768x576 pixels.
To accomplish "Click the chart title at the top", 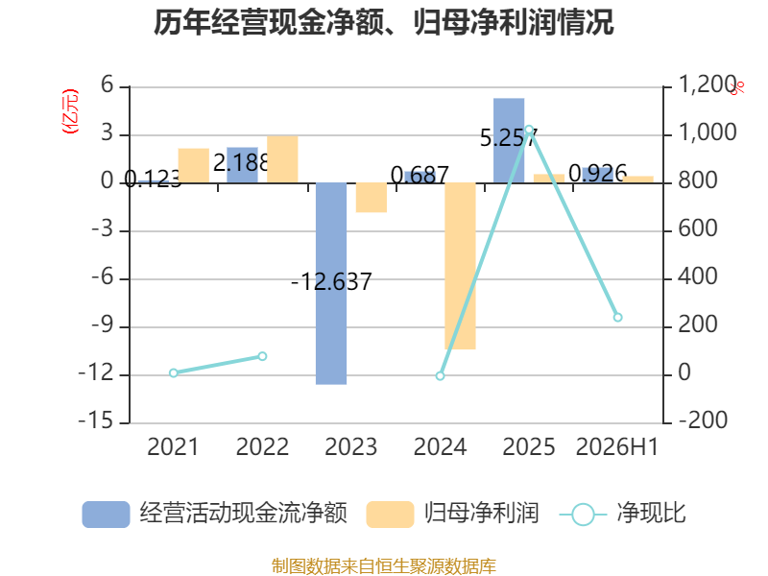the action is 383,22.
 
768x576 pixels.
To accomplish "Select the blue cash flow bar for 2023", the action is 331,283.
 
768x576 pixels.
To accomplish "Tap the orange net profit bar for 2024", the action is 460,266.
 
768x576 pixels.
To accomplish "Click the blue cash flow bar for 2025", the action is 509,140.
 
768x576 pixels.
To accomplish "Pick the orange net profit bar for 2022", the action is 282,159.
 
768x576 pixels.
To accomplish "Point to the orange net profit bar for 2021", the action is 194,165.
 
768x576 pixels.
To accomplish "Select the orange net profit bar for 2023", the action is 372,198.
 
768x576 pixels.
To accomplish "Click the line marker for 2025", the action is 529,130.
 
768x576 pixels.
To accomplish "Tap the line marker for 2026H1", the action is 617,318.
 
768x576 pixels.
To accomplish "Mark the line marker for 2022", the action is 262,356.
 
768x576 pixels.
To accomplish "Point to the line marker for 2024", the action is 440,375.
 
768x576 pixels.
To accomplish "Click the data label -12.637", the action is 331,282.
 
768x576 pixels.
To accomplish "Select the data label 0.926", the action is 597,174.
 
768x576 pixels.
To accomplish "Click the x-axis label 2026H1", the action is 617,446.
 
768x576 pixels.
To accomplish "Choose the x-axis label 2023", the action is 350,446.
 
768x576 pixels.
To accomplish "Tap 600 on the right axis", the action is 698,228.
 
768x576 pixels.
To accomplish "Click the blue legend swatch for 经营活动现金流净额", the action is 106,515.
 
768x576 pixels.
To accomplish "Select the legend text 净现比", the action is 651,514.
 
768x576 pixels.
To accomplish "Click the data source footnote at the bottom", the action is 383,566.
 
